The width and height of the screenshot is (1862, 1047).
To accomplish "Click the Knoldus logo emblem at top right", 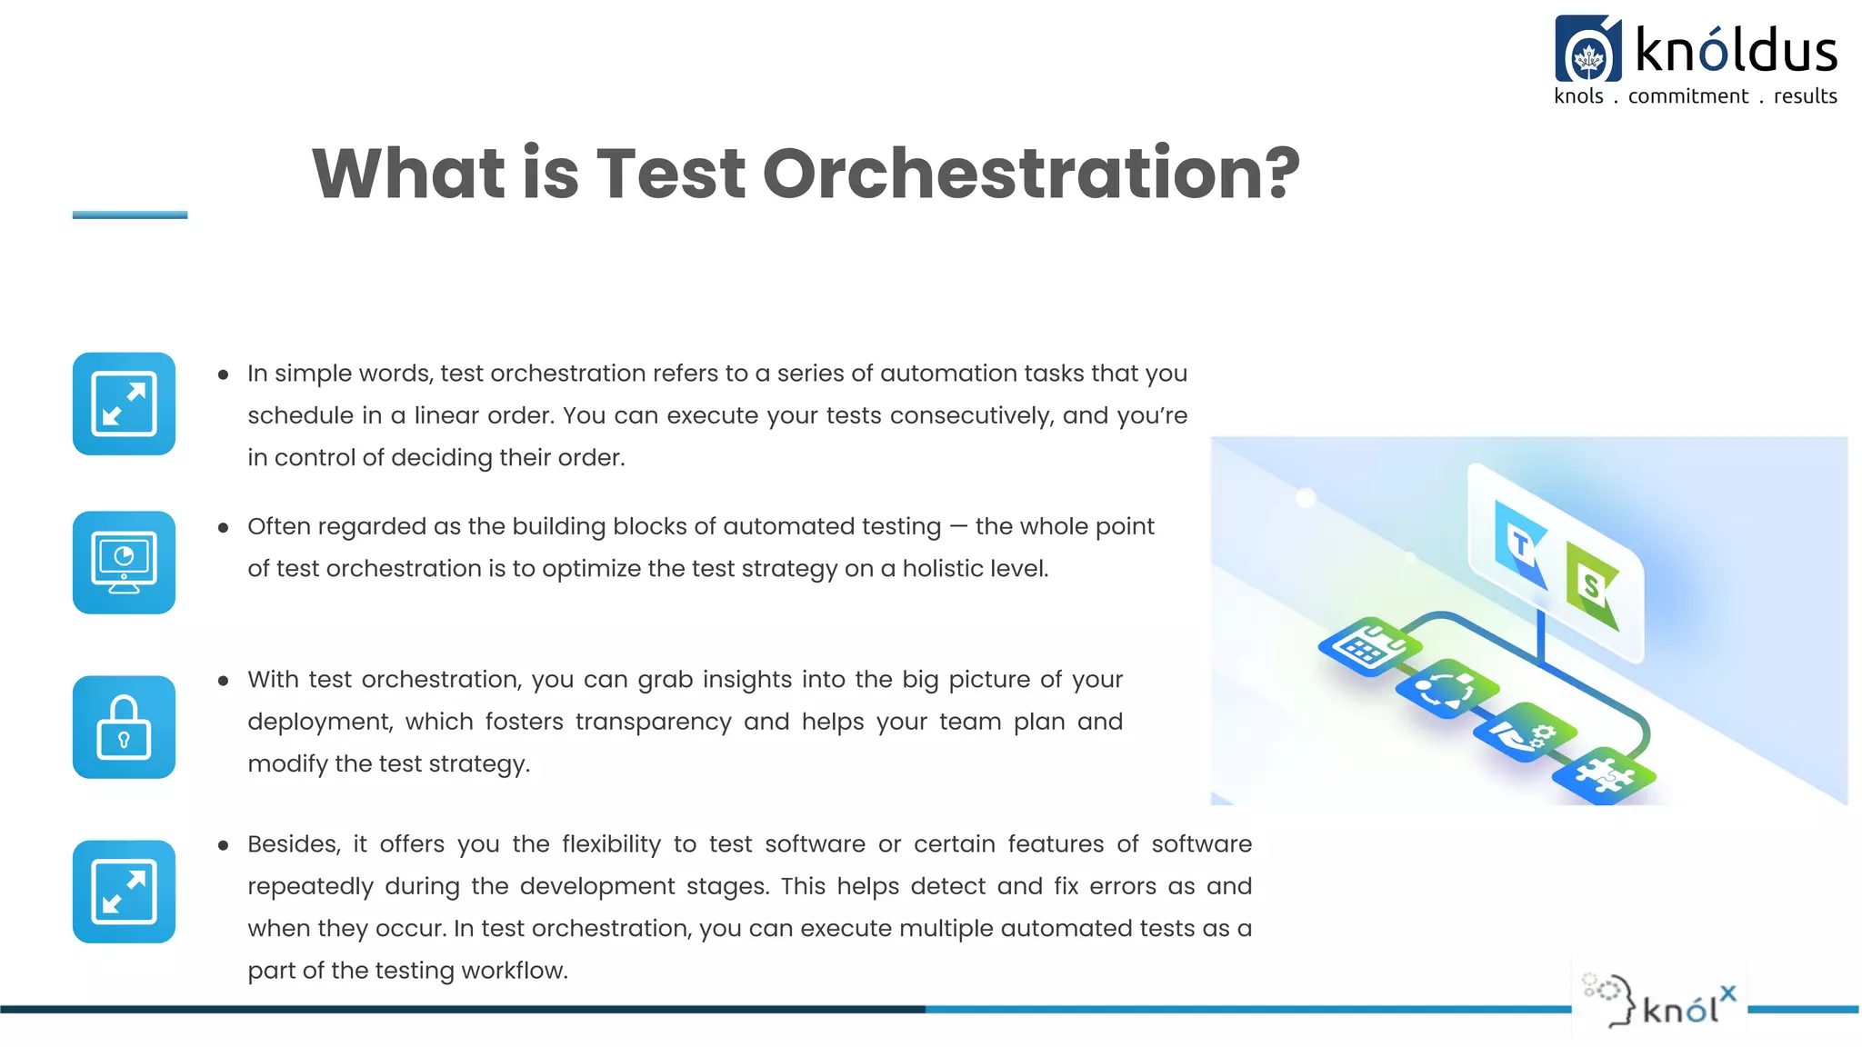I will (x=1587, y=51).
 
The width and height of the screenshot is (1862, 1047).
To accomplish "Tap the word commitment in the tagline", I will (x=1687, y=96).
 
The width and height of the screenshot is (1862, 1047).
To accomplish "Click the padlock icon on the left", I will (x=124, y=727).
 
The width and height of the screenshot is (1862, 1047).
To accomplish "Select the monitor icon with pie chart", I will (x=124, y=563).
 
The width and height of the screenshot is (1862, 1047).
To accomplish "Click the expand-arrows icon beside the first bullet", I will (x=124, y=404).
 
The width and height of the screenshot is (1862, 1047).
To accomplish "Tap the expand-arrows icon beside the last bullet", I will (x=124, y=892).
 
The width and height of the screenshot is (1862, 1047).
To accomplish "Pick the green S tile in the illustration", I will (x=1592, y=585).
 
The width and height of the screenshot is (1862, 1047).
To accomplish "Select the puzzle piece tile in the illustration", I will (x=1604, y=775).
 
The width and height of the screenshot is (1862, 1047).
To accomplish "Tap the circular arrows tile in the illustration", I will (x=1446, y=689).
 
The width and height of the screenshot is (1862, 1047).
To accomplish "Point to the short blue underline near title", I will (x=130, y=215).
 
